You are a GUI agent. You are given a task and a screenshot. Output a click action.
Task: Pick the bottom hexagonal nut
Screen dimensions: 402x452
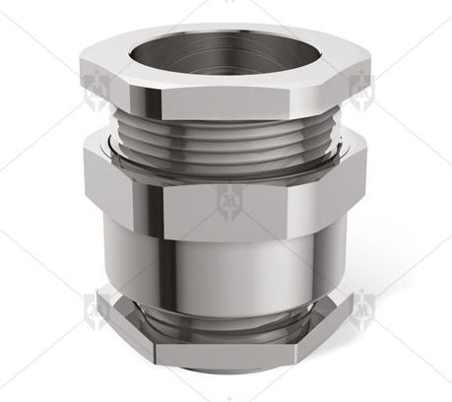(x=226, y=340)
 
